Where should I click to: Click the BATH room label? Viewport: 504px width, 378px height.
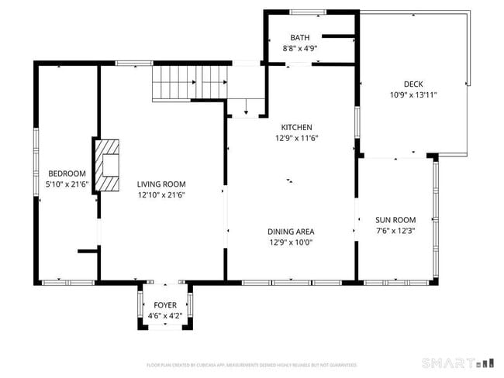point(299,38)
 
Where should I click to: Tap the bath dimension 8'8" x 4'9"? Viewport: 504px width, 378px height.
point(299,48)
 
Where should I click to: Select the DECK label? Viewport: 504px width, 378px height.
point(413,84)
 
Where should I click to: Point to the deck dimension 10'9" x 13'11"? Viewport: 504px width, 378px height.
point(413,95)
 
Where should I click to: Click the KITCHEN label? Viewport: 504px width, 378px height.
point(296,128)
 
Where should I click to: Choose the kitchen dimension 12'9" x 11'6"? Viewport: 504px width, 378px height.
point(296,139)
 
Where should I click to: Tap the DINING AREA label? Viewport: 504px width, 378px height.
point(291,232)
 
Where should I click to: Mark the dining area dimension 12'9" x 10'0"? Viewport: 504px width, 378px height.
point(291,242)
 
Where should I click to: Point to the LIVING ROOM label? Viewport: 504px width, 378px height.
point(161,184)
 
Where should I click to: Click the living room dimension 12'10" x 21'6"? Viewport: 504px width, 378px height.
point(161,195)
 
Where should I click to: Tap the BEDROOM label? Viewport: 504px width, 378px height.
point(67,174)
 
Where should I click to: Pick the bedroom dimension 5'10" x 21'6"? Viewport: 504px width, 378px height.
point(67,184)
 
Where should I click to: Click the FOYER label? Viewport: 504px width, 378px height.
point(164,305)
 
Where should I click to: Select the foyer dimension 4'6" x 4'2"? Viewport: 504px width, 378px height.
point(164,316)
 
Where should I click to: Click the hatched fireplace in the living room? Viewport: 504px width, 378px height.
point(109,164)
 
